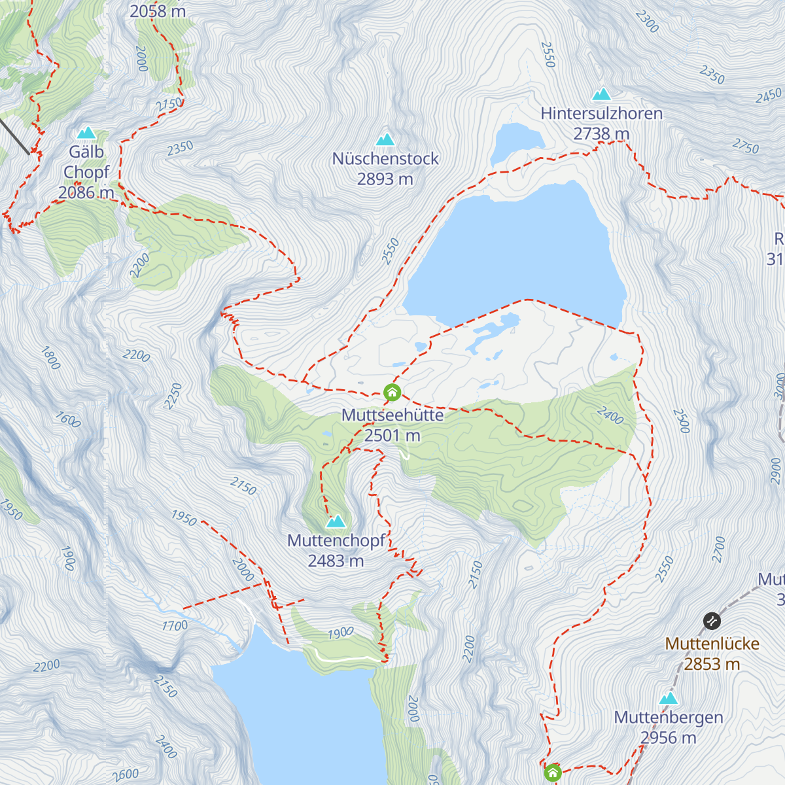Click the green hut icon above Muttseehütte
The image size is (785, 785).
[392, 392]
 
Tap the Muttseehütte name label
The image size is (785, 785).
[392, 415]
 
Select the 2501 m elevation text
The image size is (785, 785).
[392, 436]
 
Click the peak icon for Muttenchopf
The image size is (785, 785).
[336, 521]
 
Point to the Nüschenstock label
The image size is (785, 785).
[385, 158]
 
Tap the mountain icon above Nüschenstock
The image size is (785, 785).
[385, 139]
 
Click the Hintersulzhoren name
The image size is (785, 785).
[601, 113]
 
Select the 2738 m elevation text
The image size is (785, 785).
[601, 133]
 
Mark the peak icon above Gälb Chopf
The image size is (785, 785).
[86, 133]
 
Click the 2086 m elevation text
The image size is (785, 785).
[86, 192]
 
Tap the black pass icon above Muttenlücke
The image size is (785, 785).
[712, 620]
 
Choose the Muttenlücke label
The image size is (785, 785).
[712, 644]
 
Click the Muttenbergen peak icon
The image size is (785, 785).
[669, 698]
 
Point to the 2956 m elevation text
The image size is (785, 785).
[669, 738]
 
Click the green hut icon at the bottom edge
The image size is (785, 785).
[553, 773]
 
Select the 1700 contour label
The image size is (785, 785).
[175, 626]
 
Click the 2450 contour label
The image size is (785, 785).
[769, 97]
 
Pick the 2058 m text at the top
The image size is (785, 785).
[158, 11]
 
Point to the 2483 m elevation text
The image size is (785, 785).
[336, 561]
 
